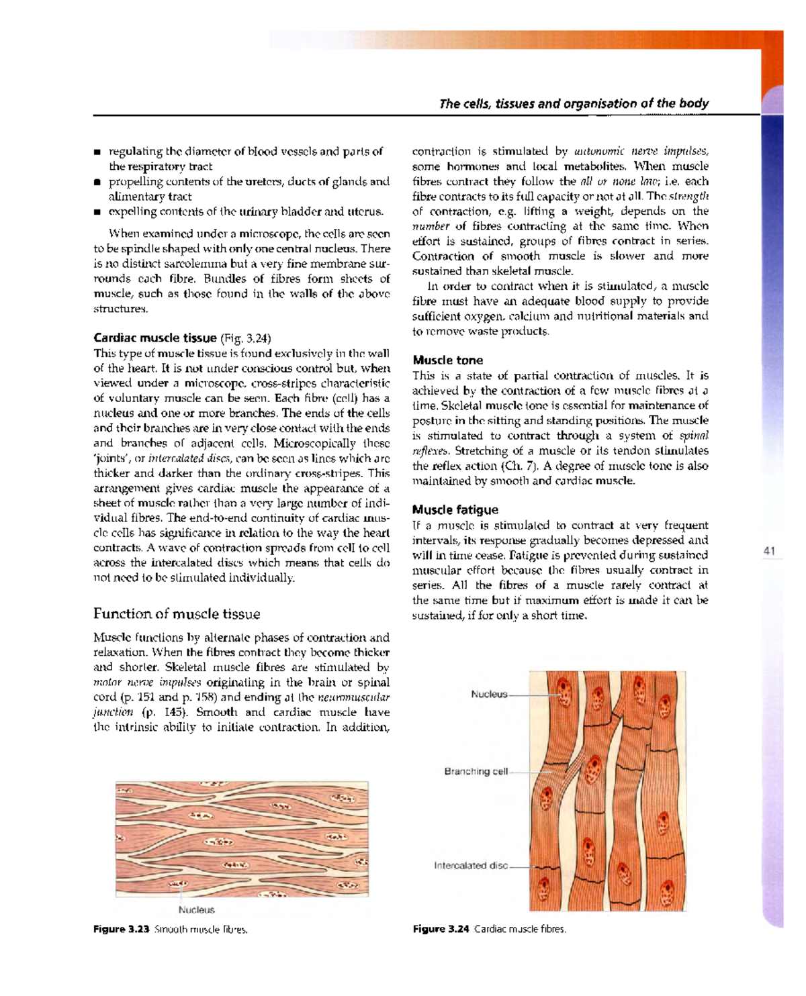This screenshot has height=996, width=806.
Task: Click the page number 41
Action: coord(769,551)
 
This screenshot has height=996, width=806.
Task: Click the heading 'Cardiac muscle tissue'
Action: coord(154,338)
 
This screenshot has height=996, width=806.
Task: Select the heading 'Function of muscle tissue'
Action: coord(177,613)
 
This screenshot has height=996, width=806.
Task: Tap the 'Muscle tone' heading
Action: coord(447,360)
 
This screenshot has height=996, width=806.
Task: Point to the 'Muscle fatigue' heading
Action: coord(455,510)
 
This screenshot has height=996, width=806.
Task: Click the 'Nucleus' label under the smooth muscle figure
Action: coord(196,910)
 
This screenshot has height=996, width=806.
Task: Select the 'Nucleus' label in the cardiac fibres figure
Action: coord(489,694)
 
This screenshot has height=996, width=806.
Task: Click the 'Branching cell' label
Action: coord(476,771)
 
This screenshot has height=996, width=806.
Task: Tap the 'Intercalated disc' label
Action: coord(470,866)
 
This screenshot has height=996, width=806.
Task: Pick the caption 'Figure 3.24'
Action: coord(441,930)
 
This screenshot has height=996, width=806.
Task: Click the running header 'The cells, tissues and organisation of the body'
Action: coord(574,103)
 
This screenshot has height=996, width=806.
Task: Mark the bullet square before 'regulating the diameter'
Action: coord(97,152)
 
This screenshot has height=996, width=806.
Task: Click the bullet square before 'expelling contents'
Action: coord(97,212)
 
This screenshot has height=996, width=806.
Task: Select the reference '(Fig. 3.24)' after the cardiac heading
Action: coord(245,338)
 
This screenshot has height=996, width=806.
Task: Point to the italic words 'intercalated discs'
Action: coord(189,458)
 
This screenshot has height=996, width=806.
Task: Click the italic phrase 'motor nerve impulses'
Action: coord(147,683)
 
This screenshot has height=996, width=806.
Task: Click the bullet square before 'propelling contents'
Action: coord(97,182)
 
